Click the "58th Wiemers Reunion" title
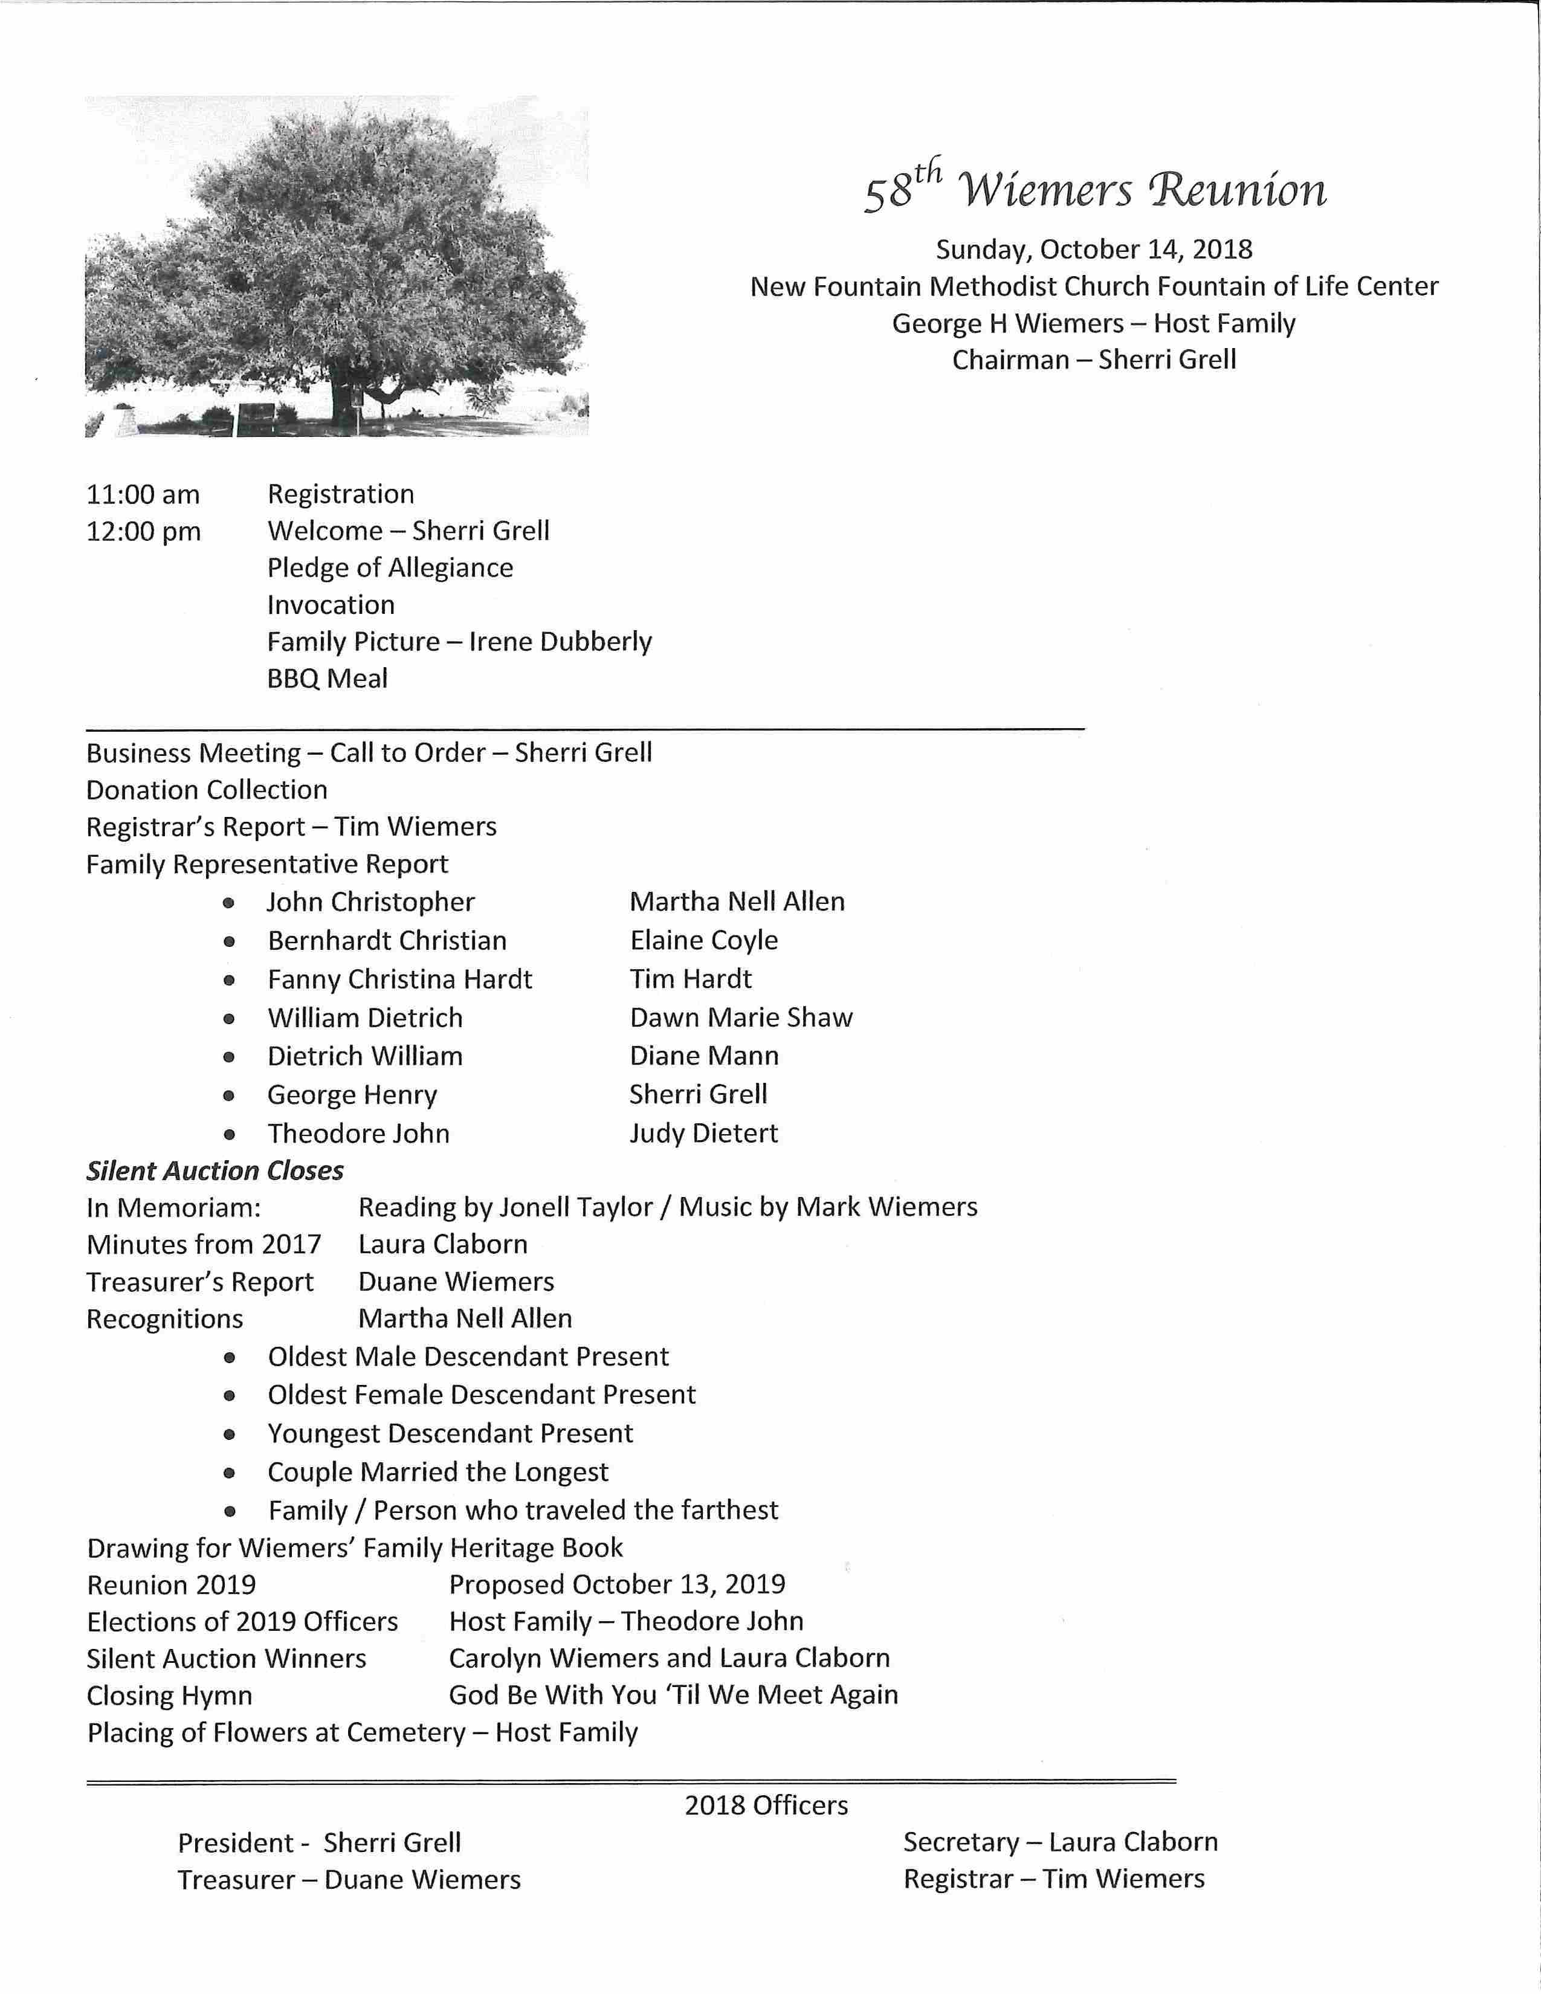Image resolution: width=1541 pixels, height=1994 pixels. (x=1094, y=190)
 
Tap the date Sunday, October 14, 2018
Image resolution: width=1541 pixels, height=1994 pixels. (x=1094, y=249)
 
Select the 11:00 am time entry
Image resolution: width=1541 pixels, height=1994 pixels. (x=143, y=495)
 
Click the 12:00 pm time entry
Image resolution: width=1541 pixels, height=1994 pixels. (x=143, y=531)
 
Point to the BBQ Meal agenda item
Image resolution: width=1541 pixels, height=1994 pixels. (x=327, y=679)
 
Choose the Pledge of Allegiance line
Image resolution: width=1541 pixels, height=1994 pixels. (x=390, y=568)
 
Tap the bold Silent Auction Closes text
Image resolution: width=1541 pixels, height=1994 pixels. (x=215, y=1170)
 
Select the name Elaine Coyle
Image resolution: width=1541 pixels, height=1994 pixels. (x=704, y=940)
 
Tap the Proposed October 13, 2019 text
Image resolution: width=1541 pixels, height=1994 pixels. (x=617, y=1584)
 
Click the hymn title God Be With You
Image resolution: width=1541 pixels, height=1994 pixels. (x=673, y=1696)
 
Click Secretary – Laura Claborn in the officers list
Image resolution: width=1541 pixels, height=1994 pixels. (x=1060, y=1842)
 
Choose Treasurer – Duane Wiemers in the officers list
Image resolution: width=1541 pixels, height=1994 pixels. (x=349, y=1880)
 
